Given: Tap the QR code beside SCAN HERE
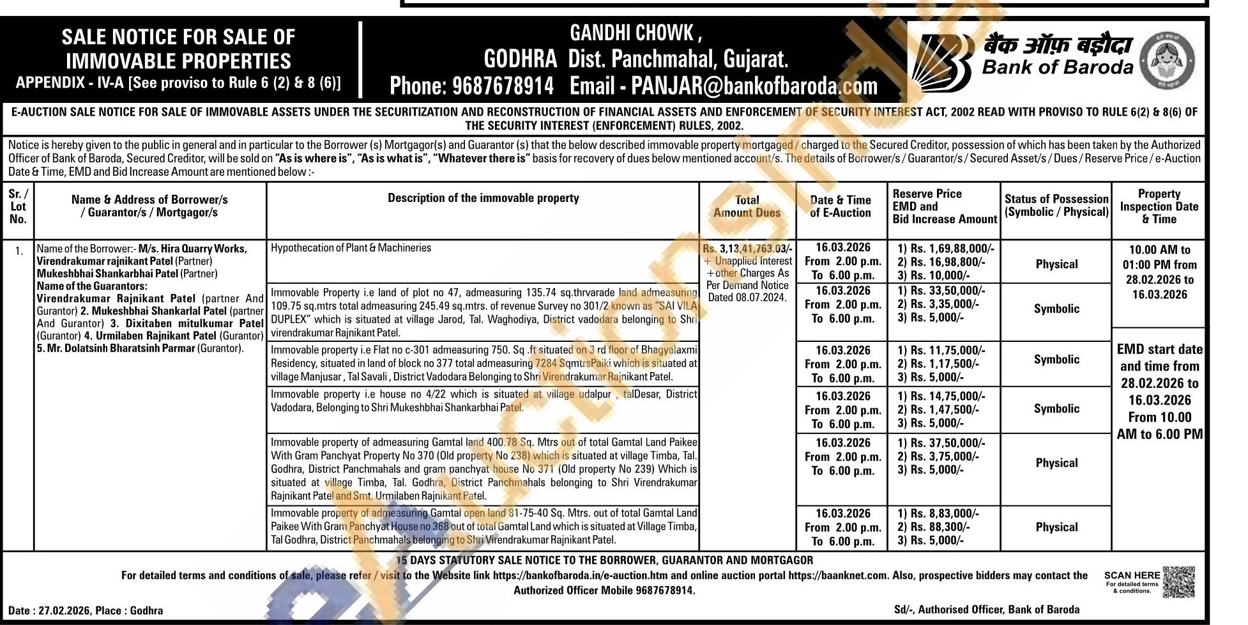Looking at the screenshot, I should (1178, 582).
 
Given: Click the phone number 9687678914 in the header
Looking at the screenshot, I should (503, 86).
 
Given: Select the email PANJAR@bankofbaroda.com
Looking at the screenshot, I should (754, 86).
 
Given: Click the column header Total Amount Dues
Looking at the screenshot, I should (747, 206).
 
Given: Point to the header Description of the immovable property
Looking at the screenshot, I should (483, 198).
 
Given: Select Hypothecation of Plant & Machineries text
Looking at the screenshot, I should (351, 248).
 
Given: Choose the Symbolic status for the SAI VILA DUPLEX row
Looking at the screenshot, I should (1056, 309).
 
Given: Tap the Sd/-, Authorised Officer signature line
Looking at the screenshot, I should (987, 610).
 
